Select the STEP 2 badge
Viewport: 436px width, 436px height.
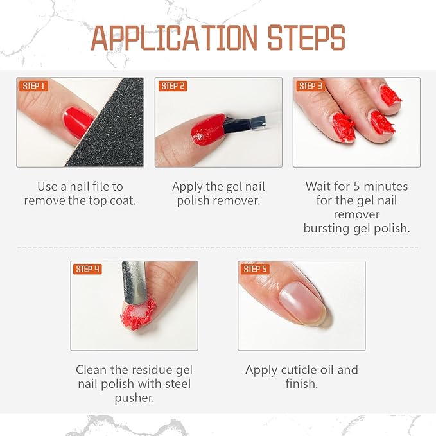(173, 86)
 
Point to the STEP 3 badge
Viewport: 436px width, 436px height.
(310, 86)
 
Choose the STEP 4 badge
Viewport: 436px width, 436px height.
(87, 269)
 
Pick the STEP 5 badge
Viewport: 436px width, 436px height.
(255, 269)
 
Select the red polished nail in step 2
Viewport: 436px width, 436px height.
(208, 128)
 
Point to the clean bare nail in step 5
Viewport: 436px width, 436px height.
(302, 302)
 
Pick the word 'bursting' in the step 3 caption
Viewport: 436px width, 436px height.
(328, 228)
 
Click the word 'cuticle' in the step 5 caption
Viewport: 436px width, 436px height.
(303, 371)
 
